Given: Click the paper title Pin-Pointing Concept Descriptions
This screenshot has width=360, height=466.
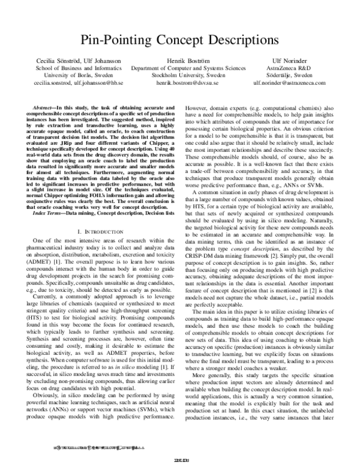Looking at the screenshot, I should tap(180, 41).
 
